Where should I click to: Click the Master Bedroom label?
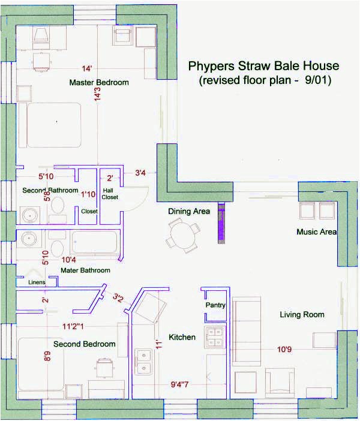pos(99,83)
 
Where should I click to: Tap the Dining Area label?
pos(188,212)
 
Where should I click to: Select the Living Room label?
pos(302,314)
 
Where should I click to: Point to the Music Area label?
pos(316,232)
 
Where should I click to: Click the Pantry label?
pos(215,305)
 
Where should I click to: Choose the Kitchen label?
pos(182,337)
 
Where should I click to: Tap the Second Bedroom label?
pos(85,344)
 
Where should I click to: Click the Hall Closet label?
pos(110,193)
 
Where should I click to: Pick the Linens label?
pos(37,282)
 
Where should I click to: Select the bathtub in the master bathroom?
pos(96,243)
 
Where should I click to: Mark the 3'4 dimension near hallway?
pos(140,173)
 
